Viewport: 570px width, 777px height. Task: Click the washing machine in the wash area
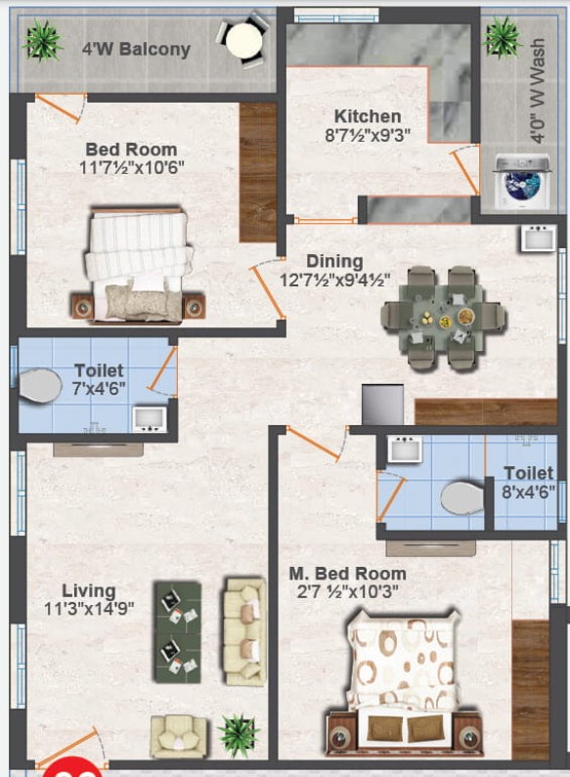point(522,181)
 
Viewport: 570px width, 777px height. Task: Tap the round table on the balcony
point(243,41)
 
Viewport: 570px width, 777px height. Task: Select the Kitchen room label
point(368,116)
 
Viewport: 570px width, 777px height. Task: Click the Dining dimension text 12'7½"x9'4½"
point(334,280)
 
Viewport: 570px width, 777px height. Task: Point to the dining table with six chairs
point(444,319)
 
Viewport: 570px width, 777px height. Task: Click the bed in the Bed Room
point(138,266)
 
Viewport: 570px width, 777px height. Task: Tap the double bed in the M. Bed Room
point(407,683)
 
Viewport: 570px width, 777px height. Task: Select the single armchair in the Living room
point(178,738)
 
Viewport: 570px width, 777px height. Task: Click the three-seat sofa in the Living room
point(243,630)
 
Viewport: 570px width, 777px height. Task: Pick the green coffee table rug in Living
point(178,632)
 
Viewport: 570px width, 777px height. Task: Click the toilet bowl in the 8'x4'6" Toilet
point(461,497)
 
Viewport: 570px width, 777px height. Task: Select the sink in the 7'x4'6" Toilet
point(150,419)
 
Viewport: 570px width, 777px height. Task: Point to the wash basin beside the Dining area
point(539,238)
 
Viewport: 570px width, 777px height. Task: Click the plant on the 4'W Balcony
point(42,41)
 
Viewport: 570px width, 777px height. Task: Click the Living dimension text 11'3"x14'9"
point(89,608)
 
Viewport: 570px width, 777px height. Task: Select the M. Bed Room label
point(347,574)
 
